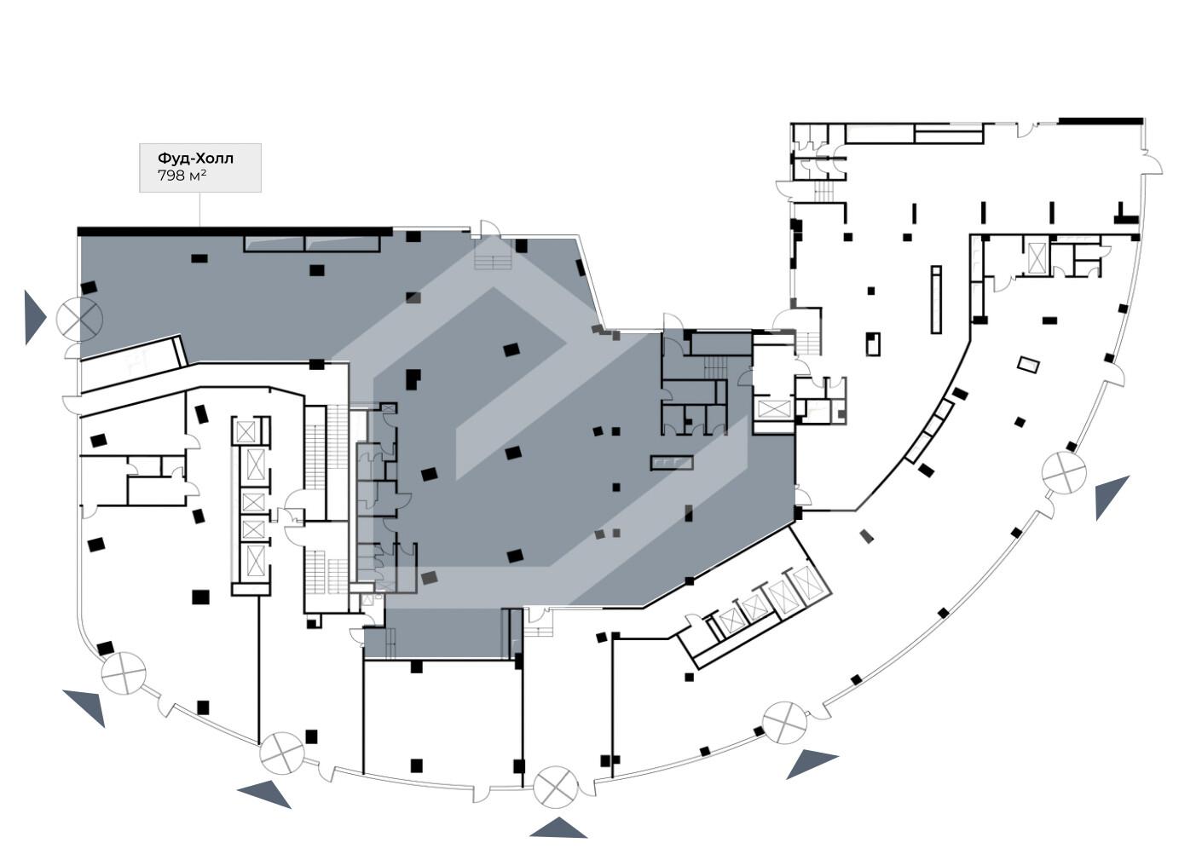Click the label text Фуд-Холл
point(195,159)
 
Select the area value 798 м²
point(182,176)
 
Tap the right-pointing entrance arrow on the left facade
point(33,317)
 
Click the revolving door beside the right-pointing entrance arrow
point(79,319)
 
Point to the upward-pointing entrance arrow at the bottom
point(558,828)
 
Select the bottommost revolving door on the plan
point(556,787)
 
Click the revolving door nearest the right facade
point(1065,472)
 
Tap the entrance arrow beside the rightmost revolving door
point(1110,496)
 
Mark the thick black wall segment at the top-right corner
point(1100,121)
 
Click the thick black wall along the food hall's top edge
point(234,231)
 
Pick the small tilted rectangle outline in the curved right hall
point(1028,365)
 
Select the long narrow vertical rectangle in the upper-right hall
point(936,299)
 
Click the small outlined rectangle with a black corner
point(873,344)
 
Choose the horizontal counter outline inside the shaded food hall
point(672,463)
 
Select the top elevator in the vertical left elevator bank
point(246,431)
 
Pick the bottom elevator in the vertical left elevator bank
point(255,560)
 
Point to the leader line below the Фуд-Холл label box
point(200,209)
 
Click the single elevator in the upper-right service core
point(1037,257)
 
